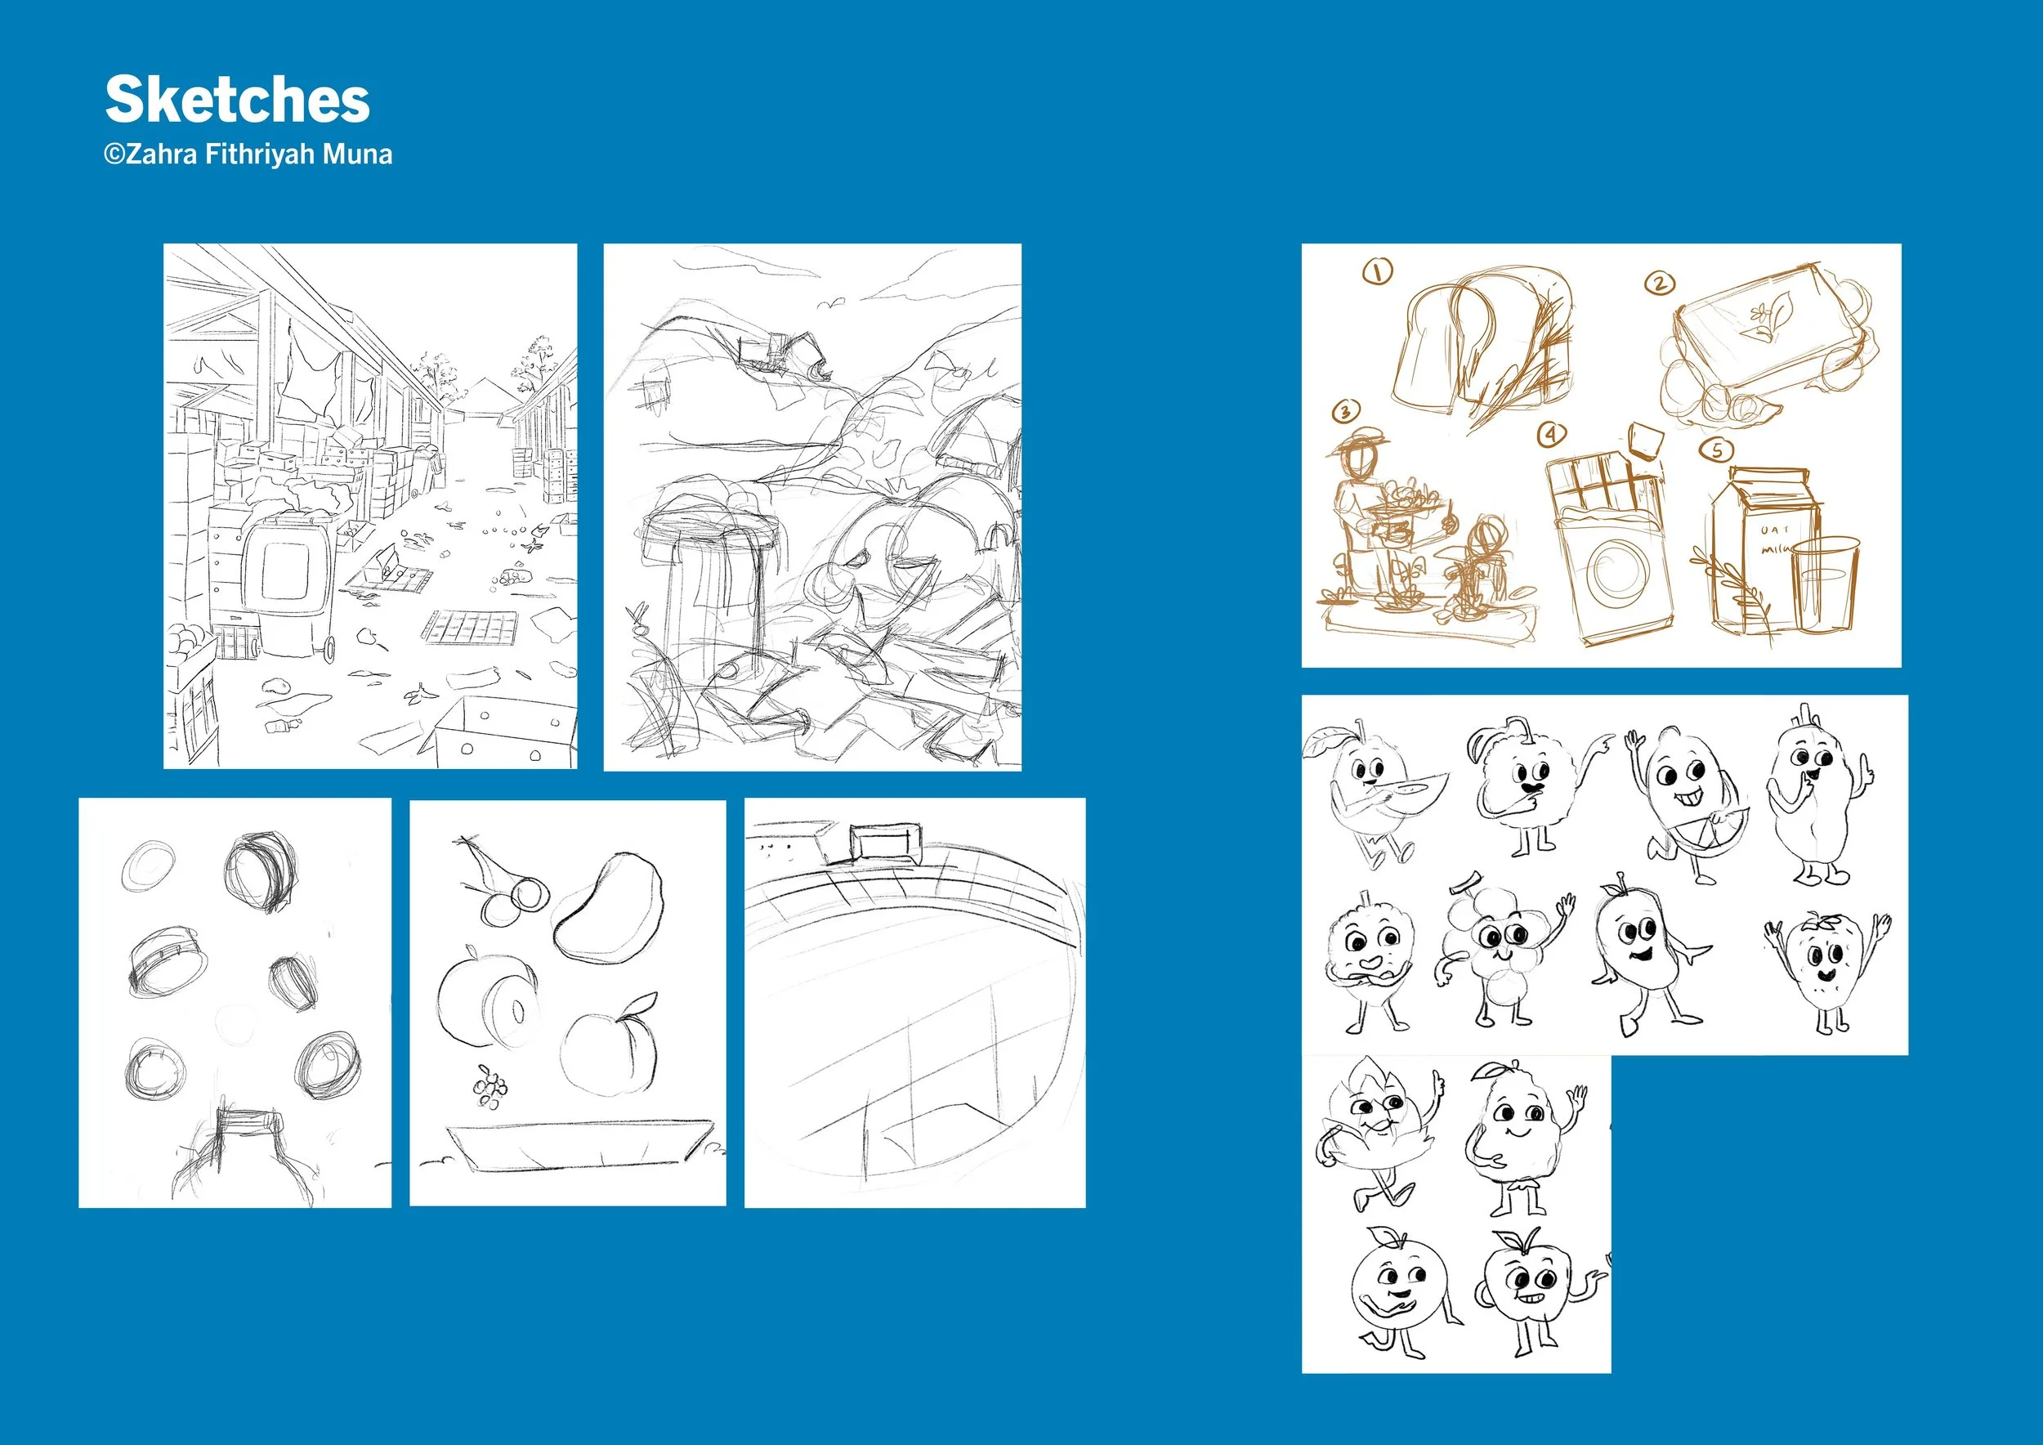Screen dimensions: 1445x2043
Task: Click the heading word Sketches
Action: (x=237, y=100)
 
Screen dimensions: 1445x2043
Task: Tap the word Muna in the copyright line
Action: (x=357, y=154)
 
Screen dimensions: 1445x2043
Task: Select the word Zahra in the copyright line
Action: (x=163, y=154)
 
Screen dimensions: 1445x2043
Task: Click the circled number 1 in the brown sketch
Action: (x=1379, y=271)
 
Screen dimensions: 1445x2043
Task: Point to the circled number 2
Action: (x=1659, y=284)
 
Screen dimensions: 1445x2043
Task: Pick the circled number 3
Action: (x=1345, y=411)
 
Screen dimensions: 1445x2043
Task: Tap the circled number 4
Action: (x=1552, y=434)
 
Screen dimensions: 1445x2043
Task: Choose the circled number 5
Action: (x=1716, y=450)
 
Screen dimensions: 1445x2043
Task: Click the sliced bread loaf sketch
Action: (x=1477, y=351)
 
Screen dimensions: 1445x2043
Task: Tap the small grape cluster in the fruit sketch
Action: (x=490, y=1087)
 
